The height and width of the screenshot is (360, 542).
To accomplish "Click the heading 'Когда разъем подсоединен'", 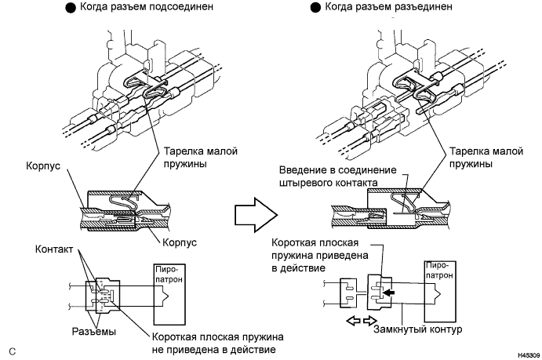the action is click(147, 6).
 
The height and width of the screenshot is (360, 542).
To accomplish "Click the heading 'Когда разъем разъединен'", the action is click(388, 6).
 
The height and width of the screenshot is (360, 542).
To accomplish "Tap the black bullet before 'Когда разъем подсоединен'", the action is click(71, 8).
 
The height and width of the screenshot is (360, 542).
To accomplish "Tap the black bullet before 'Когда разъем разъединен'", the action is click(315, 8).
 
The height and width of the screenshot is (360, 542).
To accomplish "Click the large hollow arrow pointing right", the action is click(256, 215).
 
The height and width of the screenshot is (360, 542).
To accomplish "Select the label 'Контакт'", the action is click(54, 249).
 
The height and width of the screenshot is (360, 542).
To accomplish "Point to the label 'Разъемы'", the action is click(93, 332).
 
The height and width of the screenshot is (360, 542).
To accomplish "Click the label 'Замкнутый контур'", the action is click(417, 329).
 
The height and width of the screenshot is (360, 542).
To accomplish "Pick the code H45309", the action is click(529, 355).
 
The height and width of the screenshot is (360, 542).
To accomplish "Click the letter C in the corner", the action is click(13, 351).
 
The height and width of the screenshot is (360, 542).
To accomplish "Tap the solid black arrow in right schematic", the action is click(389, 293).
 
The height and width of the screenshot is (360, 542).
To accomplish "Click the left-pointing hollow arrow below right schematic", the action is click(353, 321).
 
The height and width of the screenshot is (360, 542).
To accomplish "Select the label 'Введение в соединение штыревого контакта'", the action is click(338, 176).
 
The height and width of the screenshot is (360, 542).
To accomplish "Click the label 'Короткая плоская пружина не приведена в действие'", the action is click(218, 343).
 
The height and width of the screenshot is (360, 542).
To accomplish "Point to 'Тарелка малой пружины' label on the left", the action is click(201, 157).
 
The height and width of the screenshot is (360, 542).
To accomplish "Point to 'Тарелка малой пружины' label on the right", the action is click(486, 157).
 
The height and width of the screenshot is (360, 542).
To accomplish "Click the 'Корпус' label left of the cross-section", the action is click(43, 165).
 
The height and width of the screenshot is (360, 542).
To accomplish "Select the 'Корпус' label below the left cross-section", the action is click(180, 242).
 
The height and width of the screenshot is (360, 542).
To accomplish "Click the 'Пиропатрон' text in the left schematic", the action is click(169, 275).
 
